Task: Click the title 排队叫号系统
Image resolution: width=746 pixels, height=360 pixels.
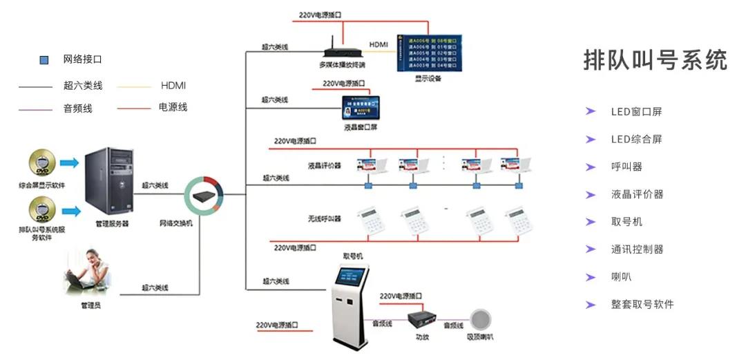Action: coord(655,60)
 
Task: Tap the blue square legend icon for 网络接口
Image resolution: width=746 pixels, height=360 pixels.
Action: coord(44,60)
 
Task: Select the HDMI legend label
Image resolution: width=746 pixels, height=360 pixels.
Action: coord(173,86)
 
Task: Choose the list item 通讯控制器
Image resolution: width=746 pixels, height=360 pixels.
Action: coord(637,249)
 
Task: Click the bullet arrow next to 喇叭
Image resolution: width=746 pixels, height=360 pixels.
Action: coord(591,277)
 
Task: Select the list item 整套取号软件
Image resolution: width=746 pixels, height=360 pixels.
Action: coord(642,305)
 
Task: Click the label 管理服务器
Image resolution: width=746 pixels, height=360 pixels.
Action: coord(112,223)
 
